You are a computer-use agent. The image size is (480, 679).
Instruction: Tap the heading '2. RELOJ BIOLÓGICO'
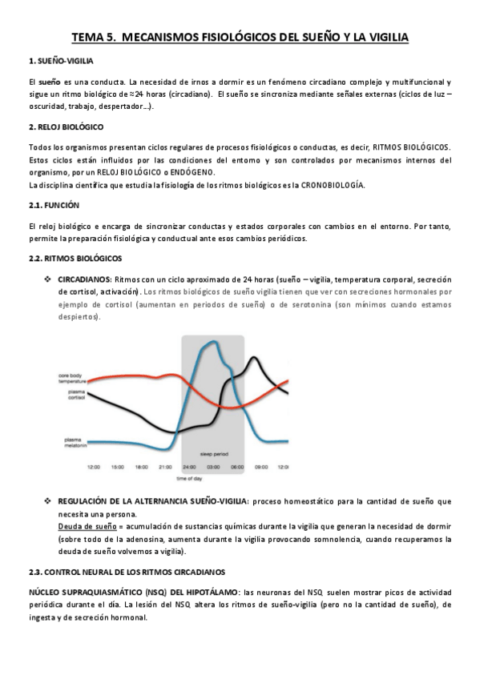pyautogui.click(x=66, y=127)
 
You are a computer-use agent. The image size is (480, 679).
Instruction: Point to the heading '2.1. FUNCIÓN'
pyautogui.click(x=54, y=206)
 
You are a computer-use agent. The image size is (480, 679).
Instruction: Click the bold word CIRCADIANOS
pyautogui.click(x=84, y=279)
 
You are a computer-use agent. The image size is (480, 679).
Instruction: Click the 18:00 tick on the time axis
pyautogui.click(x=142, y=466)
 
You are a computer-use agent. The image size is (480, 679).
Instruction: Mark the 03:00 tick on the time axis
pyautogui.click(x=213, y=466)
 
